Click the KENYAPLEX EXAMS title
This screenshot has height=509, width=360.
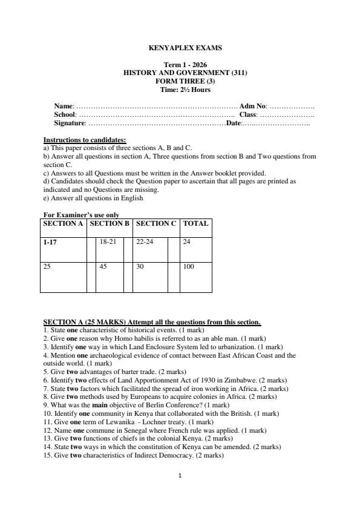point(180,47)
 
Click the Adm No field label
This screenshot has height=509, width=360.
point(253,106)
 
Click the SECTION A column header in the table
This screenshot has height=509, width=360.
point(64,223)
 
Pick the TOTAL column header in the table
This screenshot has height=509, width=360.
point(195,223)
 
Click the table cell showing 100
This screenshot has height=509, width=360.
point(188,265)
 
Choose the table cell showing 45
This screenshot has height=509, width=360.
point(103,265)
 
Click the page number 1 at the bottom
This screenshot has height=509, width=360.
point(180,476)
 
